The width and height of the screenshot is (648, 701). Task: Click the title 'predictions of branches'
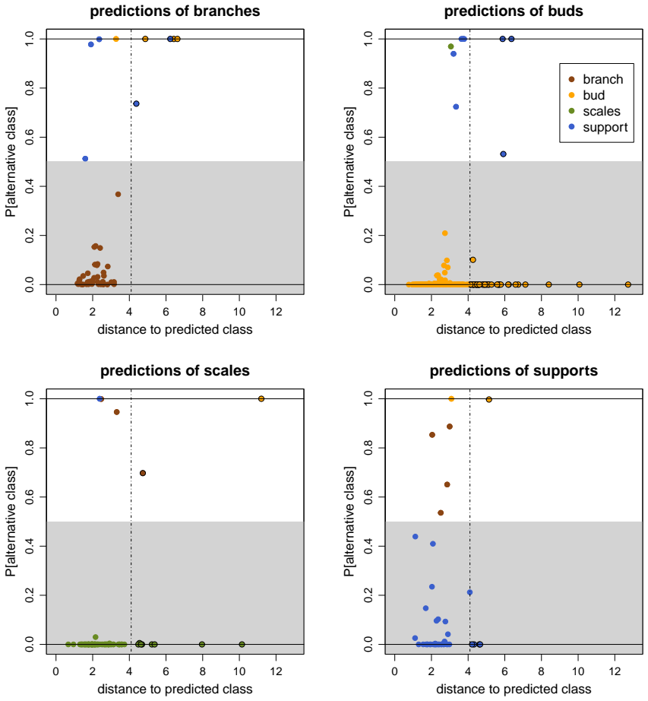pos(175,11)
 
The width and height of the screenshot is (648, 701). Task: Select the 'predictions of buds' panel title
pos(514,11)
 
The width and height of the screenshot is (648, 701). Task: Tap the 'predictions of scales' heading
pos(175,370)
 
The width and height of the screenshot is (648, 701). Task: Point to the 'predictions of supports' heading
pos(514,370)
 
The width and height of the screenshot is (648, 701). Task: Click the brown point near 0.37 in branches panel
pos(118,194)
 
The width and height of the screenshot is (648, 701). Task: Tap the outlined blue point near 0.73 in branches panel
pos(136,103)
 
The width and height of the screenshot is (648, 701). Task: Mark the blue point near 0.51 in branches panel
pos(85,159)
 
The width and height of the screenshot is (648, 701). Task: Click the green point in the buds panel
pos(450,46)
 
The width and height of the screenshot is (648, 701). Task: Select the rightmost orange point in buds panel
pos(628,284)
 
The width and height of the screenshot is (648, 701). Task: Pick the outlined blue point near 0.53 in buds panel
pos(504,154)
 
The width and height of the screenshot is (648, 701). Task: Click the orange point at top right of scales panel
pos(261,399)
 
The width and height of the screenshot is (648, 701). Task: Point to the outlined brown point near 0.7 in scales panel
pos(143,473)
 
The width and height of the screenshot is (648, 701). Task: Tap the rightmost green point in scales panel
pos(242,644)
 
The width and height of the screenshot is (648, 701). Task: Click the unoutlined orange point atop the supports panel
pos(451,399)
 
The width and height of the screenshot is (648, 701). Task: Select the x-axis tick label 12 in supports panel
pos(615,671)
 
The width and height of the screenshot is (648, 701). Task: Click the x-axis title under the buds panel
pos(514,329)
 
